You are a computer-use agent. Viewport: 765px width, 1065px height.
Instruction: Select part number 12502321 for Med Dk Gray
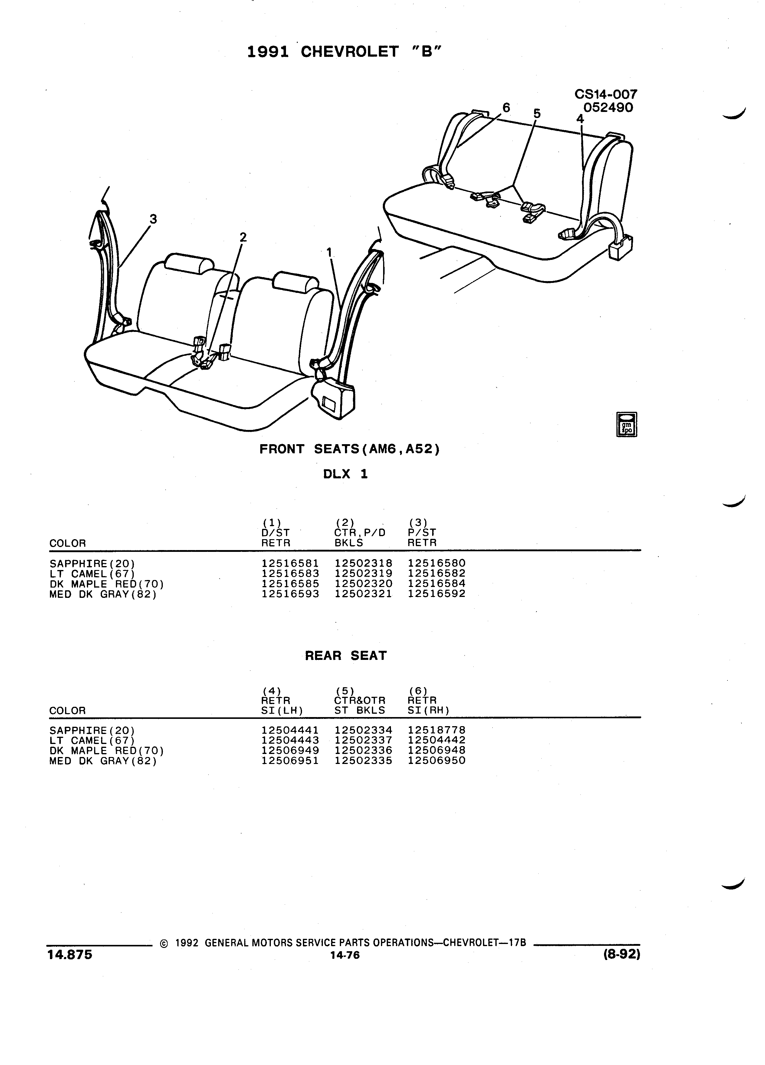coord(363,594)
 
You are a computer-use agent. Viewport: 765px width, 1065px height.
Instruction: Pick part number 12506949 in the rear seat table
coord(290,750)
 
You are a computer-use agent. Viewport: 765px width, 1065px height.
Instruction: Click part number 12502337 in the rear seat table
coord(363,741)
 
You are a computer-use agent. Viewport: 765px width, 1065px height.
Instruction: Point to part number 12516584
coord(437,583)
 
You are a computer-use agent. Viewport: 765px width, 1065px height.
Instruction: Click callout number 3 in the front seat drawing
coord(153,219)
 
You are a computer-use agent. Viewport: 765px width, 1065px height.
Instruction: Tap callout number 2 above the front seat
coord(243,237)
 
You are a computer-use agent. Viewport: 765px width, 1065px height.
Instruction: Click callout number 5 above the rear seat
coord(537,114)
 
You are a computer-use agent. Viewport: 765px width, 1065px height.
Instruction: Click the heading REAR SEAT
coord(346,656)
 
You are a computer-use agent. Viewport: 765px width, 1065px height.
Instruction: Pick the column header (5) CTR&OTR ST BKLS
coord(360,700)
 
